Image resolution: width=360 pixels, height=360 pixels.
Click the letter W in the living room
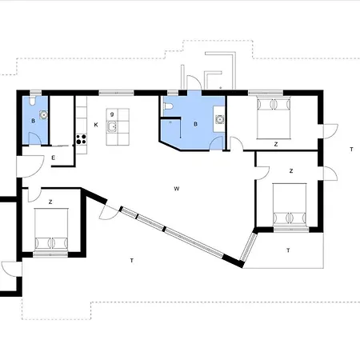tap(177, 189)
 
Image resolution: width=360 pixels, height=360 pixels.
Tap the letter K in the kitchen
tap(96, 125)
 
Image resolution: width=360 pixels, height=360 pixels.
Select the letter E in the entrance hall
tap(54, 158)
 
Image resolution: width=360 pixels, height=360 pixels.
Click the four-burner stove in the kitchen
tap(82, 139)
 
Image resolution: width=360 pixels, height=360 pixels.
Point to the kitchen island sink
tap(111, 126)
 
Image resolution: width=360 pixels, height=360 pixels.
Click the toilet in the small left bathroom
tap(32, 101)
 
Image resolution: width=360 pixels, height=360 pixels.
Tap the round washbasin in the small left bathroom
tap(43, 114)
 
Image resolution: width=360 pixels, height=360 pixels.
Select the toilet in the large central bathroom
tap(168, 106)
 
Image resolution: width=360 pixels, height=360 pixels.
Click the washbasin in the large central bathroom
tap(219, 119)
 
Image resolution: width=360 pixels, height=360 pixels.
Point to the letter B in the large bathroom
tap(196, 124)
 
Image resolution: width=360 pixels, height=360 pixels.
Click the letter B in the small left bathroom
tap(33, 121)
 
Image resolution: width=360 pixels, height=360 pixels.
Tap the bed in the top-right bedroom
tap(274, 118)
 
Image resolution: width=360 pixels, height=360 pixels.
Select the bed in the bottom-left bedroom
tap(51, 230)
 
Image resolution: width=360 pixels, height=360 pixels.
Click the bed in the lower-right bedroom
tap(290, 205)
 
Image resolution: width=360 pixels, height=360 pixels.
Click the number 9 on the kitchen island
tap(112, 114)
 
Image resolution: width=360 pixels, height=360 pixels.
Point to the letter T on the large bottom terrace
tap(132, 261)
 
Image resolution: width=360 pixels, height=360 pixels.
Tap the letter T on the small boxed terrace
tap(288, 250)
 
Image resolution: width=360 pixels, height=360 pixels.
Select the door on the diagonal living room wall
tap(108, 213)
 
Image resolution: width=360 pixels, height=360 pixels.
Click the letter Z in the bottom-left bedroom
tap(50, 202)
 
